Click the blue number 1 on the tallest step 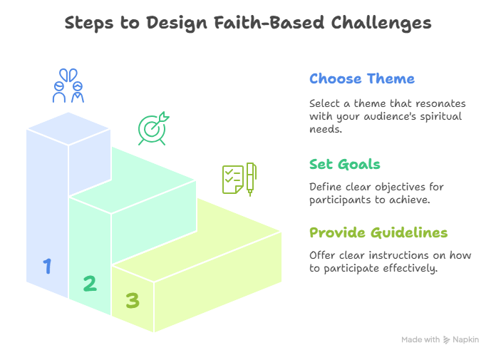[47, 267]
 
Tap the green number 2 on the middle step [89, 284]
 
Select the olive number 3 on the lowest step [133, 301]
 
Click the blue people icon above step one [68, 86]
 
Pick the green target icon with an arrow [153, 129]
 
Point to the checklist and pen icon [239, 180]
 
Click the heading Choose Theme [361, 78]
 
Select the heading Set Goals [344, 164]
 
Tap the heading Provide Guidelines [378, 233]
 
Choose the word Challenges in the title [381, 23]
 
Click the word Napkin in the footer [466, 340]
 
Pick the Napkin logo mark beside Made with [446, 340]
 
